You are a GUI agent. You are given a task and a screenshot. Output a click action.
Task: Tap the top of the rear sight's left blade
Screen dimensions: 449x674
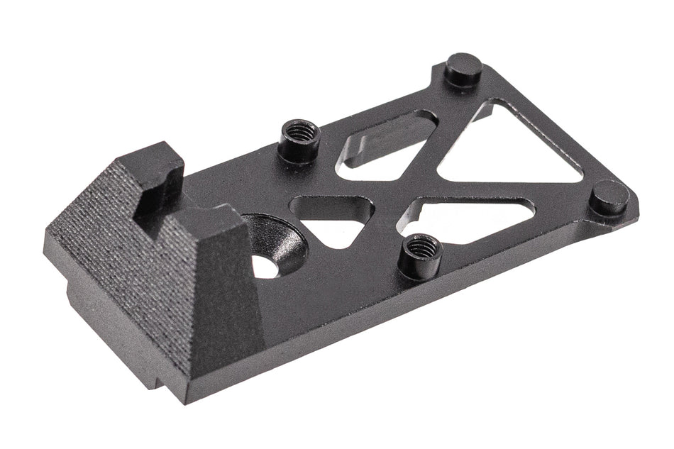click(150, 155)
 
